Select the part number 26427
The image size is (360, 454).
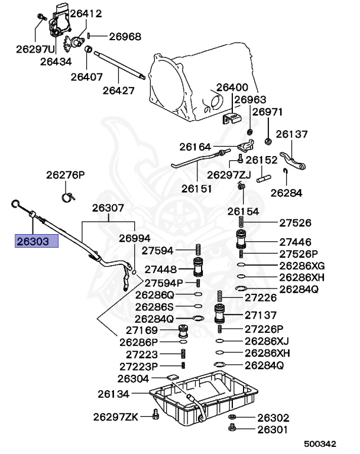point(118,90)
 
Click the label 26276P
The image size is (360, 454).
point(66,175)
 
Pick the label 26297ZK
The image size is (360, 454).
point(115,417)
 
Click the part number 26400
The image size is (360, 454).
point(232,87)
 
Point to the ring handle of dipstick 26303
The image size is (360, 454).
point(15,205)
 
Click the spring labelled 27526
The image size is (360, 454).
point(242,223)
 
